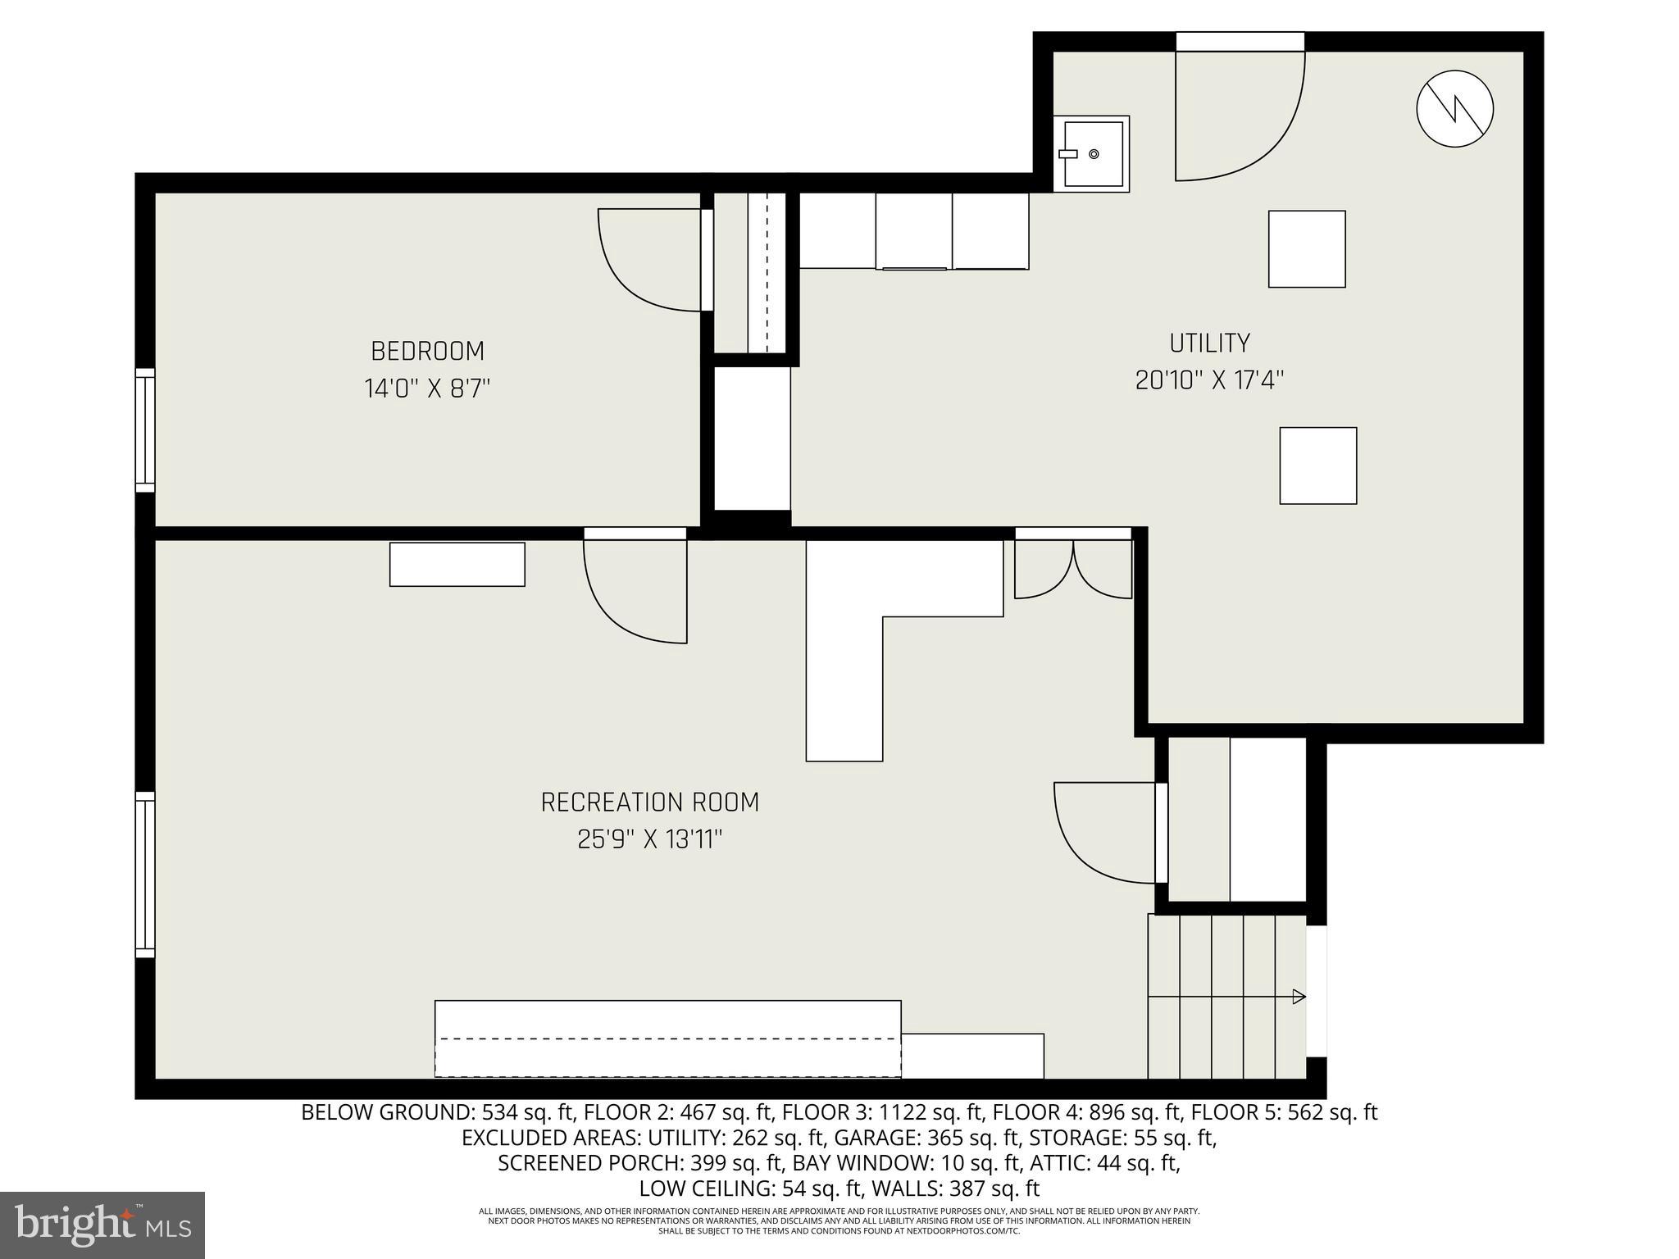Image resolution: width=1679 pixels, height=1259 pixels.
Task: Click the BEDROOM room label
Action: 427,351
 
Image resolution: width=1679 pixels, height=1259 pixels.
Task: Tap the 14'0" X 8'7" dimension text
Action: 427,388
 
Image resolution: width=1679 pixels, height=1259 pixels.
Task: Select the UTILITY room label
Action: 1209,343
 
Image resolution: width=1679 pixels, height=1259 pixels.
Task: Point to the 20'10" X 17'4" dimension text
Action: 1209,380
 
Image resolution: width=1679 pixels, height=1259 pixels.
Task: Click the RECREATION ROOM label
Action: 650,802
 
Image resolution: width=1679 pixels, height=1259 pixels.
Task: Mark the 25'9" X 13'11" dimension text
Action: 650,840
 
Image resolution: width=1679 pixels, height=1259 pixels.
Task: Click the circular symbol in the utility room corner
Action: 1454,109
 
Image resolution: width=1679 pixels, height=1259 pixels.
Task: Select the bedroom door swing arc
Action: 648,261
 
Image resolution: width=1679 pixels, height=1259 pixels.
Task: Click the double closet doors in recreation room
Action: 1073,567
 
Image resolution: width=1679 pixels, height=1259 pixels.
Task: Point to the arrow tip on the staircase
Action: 1299,997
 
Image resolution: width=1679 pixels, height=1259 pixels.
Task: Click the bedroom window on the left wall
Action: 145,430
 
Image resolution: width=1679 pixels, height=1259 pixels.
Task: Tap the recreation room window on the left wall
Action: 145,875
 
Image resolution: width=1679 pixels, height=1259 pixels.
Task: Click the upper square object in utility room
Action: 1306,249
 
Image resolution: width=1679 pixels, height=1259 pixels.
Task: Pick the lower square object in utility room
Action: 1317,466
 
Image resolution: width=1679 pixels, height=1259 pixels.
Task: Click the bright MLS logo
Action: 102,1225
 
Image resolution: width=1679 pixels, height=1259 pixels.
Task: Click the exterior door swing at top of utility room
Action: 1238,115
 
